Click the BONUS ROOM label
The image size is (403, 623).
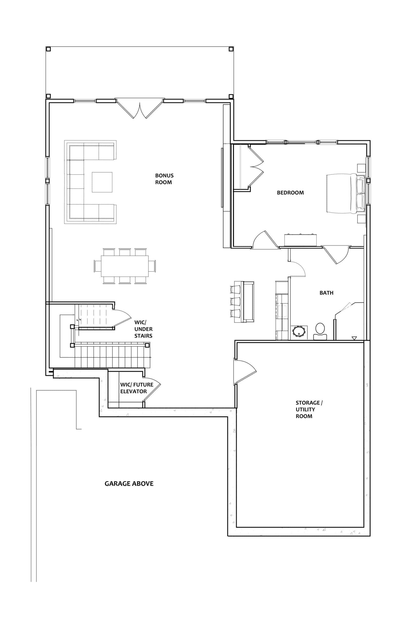(x=164, y=179)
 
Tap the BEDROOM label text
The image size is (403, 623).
(x=290, y=193)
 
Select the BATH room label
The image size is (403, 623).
(x=326, y=293)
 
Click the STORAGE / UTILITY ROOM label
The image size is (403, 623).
(x=309, y=410)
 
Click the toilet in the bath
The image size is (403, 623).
(x=320, y=331)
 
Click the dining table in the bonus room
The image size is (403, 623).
(x=125, y=266)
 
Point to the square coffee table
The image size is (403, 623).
(x=102, y=182)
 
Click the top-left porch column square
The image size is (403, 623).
(x=48, y=49)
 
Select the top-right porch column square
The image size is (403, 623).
(x=231, y=49)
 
